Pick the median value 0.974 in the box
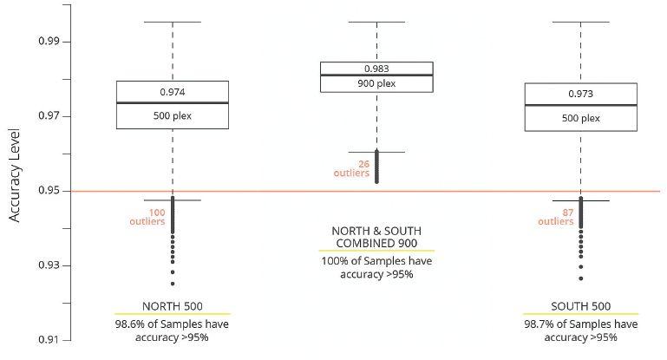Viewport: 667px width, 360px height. click(x=173, y=92)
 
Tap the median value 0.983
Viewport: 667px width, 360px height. click(x=376, y=69)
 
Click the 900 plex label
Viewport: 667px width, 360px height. click(x=376, y=84)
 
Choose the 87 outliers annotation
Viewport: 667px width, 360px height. click(x=556, y=216)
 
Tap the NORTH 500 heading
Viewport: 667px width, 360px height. click(x=172, y=306)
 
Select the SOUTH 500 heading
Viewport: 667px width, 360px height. click(x=580, y=306)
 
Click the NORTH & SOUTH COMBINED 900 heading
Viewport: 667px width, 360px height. click(x=376, y=238)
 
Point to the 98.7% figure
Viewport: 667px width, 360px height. click(x=544, y=324)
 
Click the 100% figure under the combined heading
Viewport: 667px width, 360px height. click(x=336, y=261)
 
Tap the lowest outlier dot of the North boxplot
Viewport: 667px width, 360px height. click(x=173, y=284)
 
